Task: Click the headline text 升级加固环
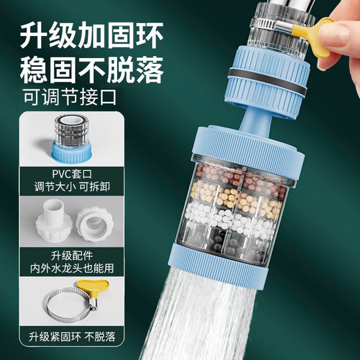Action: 92,35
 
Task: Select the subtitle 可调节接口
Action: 70,97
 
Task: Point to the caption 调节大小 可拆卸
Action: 72,187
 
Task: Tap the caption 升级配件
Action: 72,256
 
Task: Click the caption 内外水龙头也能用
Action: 72,268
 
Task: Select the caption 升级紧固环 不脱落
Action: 72,337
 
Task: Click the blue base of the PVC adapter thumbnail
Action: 72,152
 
